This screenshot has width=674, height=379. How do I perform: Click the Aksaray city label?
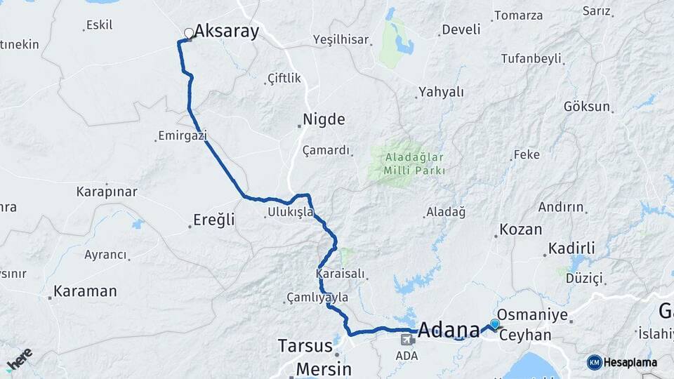coord(226,31)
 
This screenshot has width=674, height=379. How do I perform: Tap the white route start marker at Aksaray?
coord(188,33)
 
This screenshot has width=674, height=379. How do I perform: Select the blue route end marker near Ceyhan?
coord(495,324)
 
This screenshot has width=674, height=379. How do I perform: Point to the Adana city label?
coord(449,328)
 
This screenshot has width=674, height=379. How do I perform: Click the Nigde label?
coord(324,119)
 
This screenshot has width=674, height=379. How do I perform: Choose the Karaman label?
coord(85,291)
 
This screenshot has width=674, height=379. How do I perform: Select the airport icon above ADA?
coord(406,340)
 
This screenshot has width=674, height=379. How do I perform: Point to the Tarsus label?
coord(305,346)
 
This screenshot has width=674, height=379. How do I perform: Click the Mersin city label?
coord(323,368)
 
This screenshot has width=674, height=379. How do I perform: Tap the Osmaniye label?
coord(532,315)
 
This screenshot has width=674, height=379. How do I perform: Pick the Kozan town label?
coord(520,230)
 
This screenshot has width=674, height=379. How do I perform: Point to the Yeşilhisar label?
coord(341,40)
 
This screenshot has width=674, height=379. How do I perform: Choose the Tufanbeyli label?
coord(531,59)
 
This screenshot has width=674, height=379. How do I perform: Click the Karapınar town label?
coord(107,191)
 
